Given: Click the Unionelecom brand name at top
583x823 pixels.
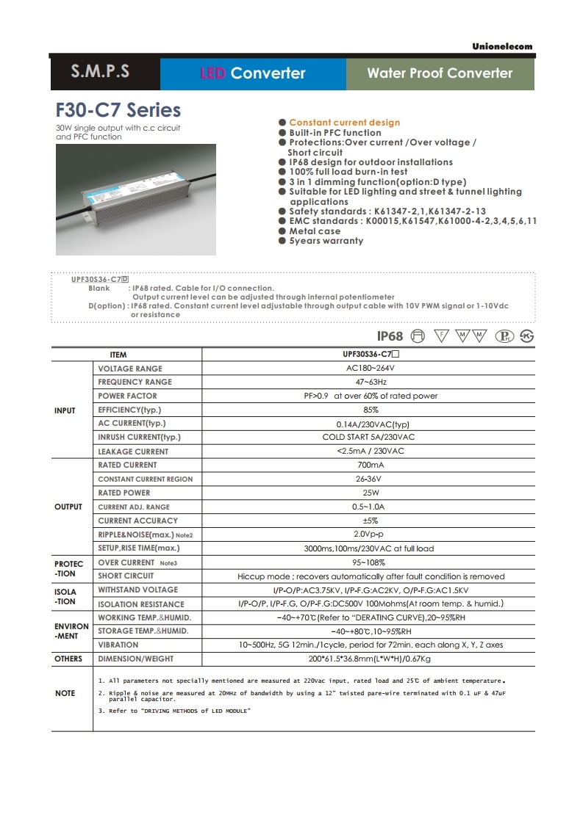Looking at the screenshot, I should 502,46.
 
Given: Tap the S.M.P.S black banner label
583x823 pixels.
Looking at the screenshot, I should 100,72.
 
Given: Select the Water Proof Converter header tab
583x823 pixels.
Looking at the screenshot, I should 440,73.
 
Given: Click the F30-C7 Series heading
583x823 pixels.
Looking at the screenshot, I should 118,110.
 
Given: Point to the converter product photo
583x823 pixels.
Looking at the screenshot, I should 136,199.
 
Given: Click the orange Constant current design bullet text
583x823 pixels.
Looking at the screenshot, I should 344,123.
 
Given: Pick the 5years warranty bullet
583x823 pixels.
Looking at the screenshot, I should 326,241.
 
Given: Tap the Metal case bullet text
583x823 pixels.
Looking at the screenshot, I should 315,231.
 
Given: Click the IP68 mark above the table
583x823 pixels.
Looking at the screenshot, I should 390,336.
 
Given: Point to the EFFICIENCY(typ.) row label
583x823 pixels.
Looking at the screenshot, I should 129,410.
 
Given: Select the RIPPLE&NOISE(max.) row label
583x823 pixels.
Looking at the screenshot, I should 140,534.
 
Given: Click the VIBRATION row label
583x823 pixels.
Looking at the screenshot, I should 118,645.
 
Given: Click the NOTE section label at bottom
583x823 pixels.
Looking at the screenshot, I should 65,693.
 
